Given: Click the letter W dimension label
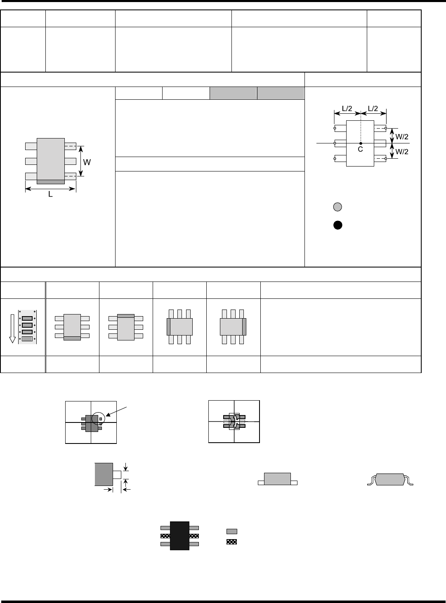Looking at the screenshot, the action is [87, 162].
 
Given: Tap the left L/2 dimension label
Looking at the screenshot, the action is [347, 108].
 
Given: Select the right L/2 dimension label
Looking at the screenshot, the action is [373, 108].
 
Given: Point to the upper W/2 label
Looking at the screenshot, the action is [402, 136].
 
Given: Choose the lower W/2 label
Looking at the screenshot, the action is [402, 152].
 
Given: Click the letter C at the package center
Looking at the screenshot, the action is [360, 150].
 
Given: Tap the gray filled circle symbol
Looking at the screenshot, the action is [337, 207].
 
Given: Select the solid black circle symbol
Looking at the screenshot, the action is [337, 225].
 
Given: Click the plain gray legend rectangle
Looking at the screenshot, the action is [231, 531].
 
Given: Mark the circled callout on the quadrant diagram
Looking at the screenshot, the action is [99, 418].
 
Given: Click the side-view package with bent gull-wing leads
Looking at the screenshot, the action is [390, 479].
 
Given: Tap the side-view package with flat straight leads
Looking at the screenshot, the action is [277, 479].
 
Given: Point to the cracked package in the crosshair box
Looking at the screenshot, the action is [234, 421].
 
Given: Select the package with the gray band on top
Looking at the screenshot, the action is [126, 327].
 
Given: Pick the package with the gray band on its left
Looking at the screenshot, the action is [179, 327].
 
